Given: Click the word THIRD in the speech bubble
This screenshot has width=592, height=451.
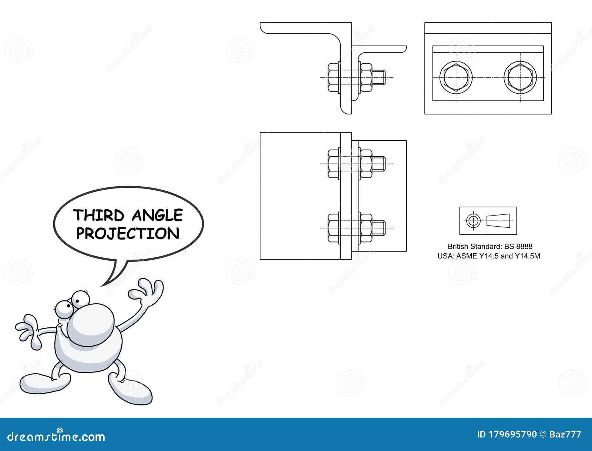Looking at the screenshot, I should pyautogui.click(x=98, y=215).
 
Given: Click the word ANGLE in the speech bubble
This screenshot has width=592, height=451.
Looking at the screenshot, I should pyautogui.click(x=157, y=215).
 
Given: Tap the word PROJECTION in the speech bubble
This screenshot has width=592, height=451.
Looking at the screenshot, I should pyautogui.click(x=128, y=234).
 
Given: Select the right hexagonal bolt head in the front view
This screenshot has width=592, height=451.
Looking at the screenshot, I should pyautogui.click(x=520, y=78).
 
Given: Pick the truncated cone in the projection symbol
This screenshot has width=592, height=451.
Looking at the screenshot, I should pyautogui.click(x=498, y=220).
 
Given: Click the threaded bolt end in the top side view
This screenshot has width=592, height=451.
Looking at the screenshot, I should pyautogui.click(x=379, y=78).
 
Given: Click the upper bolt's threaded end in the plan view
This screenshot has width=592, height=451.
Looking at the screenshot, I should pyautogui.click(x=379, y=163).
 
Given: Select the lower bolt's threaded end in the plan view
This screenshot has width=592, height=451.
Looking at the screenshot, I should pyautogui.click(x=379, y=228).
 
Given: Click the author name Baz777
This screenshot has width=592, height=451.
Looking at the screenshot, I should pyautogui.click(x=566, y=434).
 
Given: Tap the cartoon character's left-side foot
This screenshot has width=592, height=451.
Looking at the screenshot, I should pyautogui.click(x=44, y=383).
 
